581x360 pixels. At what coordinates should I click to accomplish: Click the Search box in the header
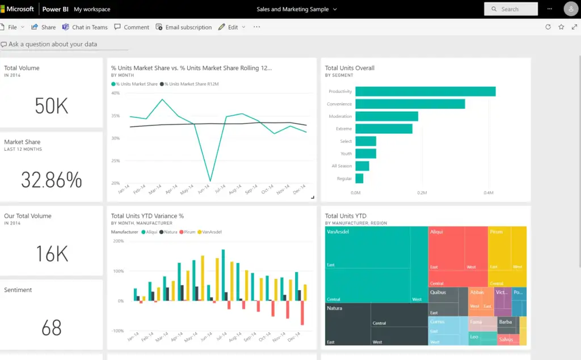pyautogui.click(x=511, y=9)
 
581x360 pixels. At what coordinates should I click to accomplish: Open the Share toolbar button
pyautogui.click(x=44, y=27)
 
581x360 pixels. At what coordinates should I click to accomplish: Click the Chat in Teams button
pyautogui.click(x=85, y=27)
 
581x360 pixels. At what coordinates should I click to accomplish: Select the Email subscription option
pyautogui.click(x=184, y=27)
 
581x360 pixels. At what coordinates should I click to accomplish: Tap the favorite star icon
pyautogui.click(x=561, y=27)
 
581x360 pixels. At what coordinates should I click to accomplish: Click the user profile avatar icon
pyautogui.click(x=571, y=9)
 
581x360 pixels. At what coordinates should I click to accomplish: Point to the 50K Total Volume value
pyautogui.click(x=51, y=106)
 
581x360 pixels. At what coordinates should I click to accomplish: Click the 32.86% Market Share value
pyautogui.click(x=51, y=180)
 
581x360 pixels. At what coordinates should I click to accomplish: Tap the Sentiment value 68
pyautogui.click(x=51, y=328)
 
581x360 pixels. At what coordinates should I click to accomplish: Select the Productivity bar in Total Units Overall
pyautogui.click(x=425, y=91)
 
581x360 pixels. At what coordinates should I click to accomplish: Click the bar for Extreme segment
pyautogui.click(x=384, y=129)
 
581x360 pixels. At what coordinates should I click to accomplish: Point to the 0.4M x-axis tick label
pyautogui.click(x=488, y=193)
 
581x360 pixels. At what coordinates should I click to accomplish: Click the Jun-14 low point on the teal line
pyautogui.click(x=210, y=181)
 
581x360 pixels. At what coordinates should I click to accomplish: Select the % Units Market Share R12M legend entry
pyautogui.click(x=191, y=84)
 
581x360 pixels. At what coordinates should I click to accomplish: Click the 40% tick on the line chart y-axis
pyautogui.click(x=115, y=93)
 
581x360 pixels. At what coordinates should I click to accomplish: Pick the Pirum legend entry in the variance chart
pyautogui.click(x=187, y=232)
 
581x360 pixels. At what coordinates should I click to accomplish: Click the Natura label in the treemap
pyautogui.click(x=334, y=308)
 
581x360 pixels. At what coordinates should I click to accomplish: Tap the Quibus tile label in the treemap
pyautogui.click(x=437, y=293)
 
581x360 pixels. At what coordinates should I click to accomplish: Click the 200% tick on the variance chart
pyautogui.click(x=118, y=241)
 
